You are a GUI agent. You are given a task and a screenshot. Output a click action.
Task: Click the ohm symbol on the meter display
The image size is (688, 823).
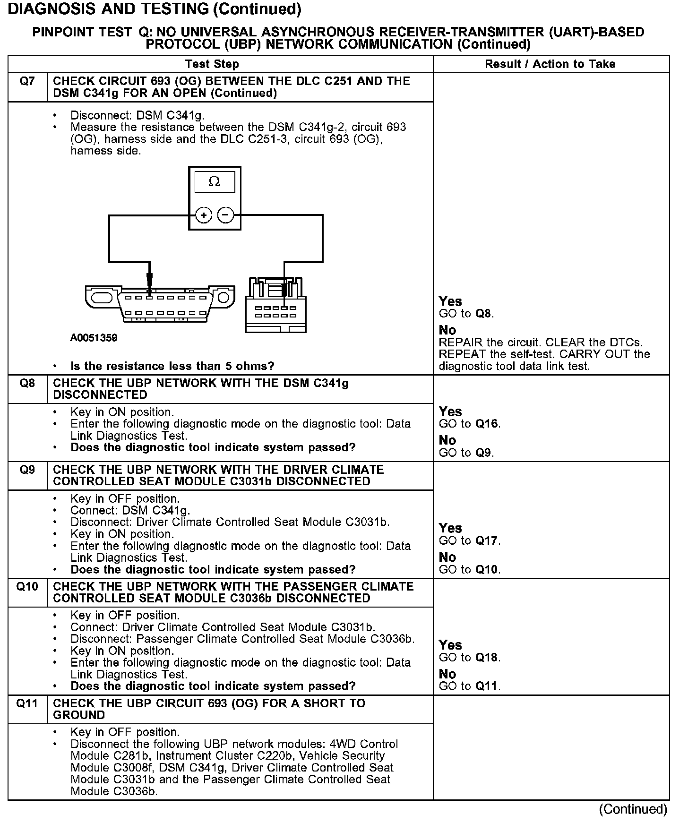click(214, 182)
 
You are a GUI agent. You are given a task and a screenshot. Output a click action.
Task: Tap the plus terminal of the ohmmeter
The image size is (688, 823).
click(203, 215)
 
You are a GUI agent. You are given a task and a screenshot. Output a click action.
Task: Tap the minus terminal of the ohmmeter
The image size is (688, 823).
click(225, 215)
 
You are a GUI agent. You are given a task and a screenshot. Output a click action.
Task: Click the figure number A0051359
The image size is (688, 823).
click(94, 338)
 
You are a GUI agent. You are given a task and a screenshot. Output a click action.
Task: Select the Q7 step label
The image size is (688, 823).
click(27, 81)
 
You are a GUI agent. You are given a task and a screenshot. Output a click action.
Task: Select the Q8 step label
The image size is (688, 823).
click(27, 383)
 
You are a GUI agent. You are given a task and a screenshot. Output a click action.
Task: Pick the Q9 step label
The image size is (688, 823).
click(27, 470)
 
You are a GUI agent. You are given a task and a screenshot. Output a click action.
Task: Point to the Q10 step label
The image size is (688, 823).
click(27, 587)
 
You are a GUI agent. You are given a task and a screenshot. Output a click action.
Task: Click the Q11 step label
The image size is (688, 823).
click(27, 703)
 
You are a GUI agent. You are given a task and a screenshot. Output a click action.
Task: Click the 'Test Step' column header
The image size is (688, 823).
click(212, 64)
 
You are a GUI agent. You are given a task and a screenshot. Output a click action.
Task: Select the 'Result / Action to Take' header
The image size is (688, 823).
click(550, 64)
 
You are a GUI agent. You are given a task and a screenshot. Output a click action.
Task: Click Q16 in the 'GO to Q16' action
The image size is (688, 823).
click(487, 424)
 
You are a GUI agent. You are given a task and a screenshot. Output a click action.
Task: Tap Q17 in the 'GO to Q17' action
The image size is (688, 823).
click(487, 540)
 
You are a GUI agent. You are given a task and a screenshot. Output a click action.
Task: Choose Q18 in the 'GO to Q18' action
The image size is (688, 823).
click(487, 657)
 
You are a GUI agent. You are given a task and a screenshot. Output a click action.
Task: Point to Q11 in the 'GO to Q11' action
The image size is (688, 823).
click(487, 686)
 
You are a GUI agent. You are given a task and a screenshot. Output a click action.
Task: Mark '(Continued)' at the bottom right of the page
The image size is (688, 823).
click(633, 809)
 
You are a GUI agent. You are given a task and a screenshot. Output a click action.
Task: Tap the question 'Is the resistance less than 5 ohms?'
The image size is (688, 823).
click(172, 366)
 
